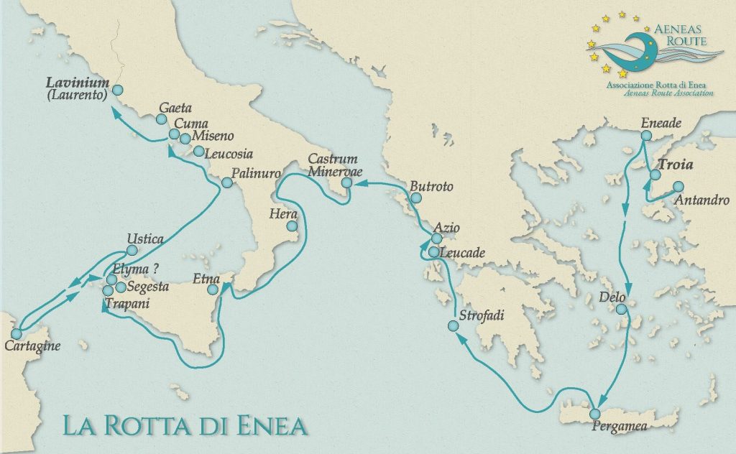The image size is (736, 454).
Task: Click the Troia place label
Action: [678, 165]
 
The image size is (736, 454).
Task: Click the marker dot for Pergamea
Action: [595, 414]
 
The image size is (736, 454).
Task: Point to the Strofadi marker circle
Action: [453, 326]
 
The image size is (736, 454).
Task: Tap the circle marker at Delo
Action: [622, 309]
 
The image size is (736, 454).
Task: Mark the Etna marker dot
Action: [213, 289]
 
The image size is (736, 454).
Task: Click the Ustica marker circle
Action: [132, 250]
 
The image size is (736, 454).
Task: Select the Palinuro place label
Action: [250, 172]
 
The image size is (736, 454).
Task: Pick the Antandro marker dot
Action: [678, 187]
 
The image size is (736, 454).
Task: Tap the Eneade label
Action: [661, 124]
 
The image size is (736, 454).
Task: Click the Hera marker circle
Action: [292, 226]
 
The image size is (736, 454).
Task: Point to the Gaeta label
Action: [175, 108]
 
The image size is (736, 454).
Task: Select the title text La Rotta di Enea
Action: [185, 424]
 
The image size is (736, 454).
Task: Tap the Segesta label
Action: [147, 287]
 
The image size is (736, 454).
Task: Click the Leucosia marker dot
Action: [198, 151]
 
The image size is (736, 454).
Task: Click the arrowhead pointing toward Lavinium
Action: [116, 111]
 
